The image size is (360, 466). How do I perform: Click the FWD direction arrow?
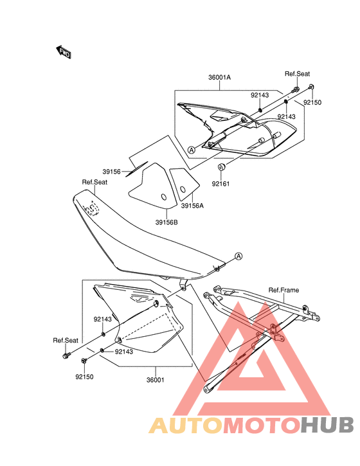tap(64, 52)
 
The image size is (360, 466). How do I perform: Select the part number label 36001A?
tap(219, 77)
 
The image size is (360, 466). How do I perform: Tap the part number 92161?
tap(221, 184)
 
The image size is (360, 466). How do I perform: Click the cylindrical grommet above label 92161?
tap(221, 167)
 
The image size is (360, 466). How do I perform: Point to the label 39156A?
tap(193, 206)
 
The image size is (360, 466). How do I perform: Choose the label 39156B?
tap(166, 222)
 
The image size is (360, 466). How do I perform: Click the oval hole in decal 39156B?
tap(164, 197)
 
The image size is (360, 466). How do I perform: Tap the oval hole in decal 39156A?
tap(183, 190)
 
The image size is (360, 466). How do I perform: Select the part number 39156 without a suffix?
tap(111, 172)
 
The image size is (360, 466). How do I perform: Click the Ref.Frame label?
tap(283, 290)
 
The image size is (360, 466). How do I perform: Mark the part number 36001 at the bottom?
tap(155, 380)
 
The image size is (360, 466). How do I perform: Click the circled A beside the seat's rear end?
tap(239, 256)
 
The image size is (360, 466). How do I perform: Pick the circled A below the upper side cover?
tap(192, 150)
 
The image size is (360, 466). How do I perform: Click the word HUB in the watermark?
tap(327, 425)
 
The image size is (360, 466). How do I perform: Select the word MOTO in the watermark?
tap(262, 425)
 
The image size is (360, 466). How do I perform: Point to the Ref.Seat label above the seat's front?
tap(94, 182)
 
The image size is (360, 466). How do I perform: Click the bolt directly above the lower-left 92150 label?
tap(84, 361)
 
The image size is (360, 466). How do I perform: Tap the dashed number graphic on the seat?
tap(91, 208)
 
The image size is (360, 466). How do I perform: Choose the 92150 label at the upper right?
tap(312, 103)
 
